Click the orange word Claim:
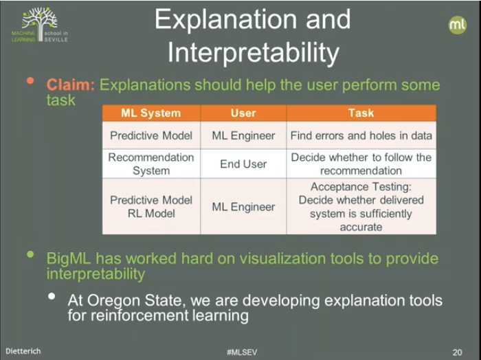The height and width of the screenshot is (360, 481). click(x=71, y=85)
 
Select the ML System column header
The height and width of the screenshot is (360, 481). click(x=150, y=113)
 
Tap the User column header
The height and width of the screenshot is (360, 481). click(x=243, y=113)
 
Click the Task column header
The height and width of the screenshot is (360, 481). click(x=361, y=113)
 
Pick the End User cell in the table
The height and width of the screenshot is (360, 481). click(x=243, y=164)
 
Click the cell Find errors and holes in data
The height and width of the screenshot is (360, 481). click(x=361, y=136)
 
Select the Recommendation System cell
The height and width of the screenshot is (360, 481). click(x=151, y=164)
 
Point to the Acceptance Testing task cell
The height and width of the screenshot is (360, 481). click(x=361, y=207)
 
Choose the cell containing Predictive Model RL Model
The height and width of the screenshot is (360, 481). click(x=151, y=207)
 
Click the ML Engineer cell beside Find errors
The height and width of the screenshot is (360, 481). click(x=243, y=136)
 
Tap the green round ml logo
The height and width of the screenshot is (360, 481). click(x=457, y=25)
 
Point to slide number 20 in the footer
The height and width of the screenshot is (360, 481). click(x=457, y=351)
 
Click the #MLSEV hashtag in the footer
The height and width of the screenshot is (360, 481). click(x=240, y=351)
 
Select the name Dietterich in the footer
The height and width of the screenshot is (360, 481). click(x=24, y=351)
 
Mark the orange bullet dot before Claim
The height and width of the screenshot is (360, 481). click(x=30, y=81)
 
